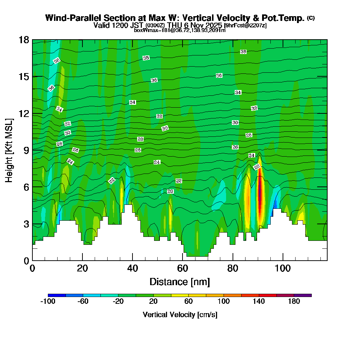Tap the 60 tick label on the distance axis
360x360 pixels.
(x=183, y=268)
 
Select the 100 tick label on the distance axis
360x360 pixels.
(x=283, y=268)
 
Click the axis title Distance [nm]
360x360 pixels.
(x=180, y=282)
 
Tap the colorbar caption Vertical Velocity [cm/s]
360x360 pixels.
(x=180, y=315)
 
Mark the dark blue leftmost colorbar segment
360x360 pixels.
(x=57, y=295)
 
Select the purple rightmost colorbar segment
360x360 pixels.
(x=303, y=295)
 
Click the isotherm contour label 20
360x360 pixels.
(x=170, y=192)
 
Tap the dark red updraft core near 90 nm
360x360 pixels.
(x=260, y=194)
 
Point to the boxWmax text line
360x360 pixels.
(x=180, y=30)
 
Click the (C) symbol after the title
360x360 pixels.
(x=311, y=18)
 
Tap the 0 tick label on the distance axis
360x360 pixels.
(x=32, y=268)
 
